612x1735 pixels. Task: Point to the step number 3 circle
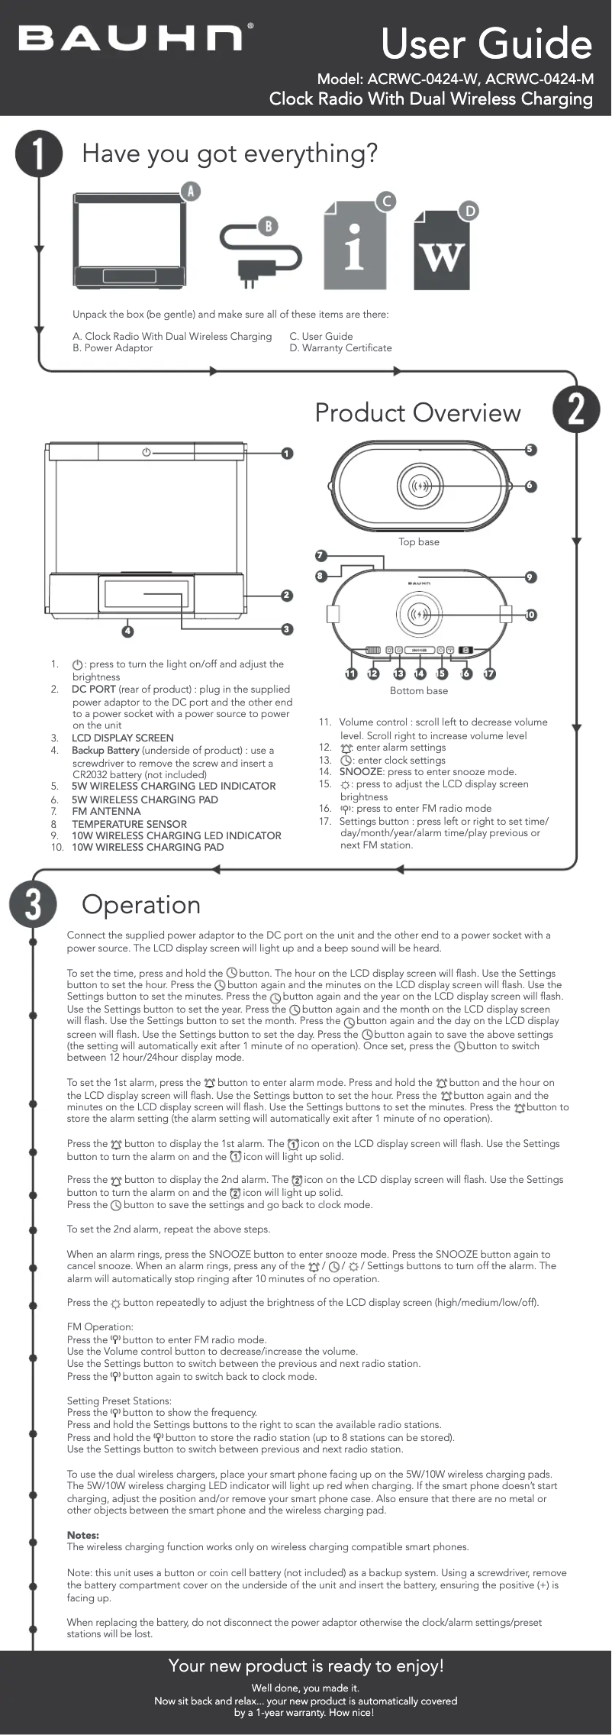[33, 904]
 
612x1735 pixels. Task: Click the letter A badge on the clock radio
[190, 191]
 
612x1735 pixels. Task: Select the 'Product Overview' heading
[417, 412]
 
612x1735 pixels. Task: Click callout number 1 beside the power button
[286, 454]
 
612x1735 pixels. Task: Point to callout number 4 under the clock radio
[128, 631]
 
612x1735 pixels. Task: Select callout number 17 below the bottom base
[489, 674]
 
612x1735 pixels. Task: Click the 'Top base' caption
[419, 541]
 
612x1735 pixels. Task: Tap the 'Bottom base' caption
[419, 690]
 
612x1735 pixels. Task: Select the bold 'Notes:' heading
[83, 1535]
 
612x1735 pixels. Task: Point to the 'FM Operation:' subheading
[100, 1326]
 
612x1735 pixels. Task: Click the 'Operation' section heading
[141, 904]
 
